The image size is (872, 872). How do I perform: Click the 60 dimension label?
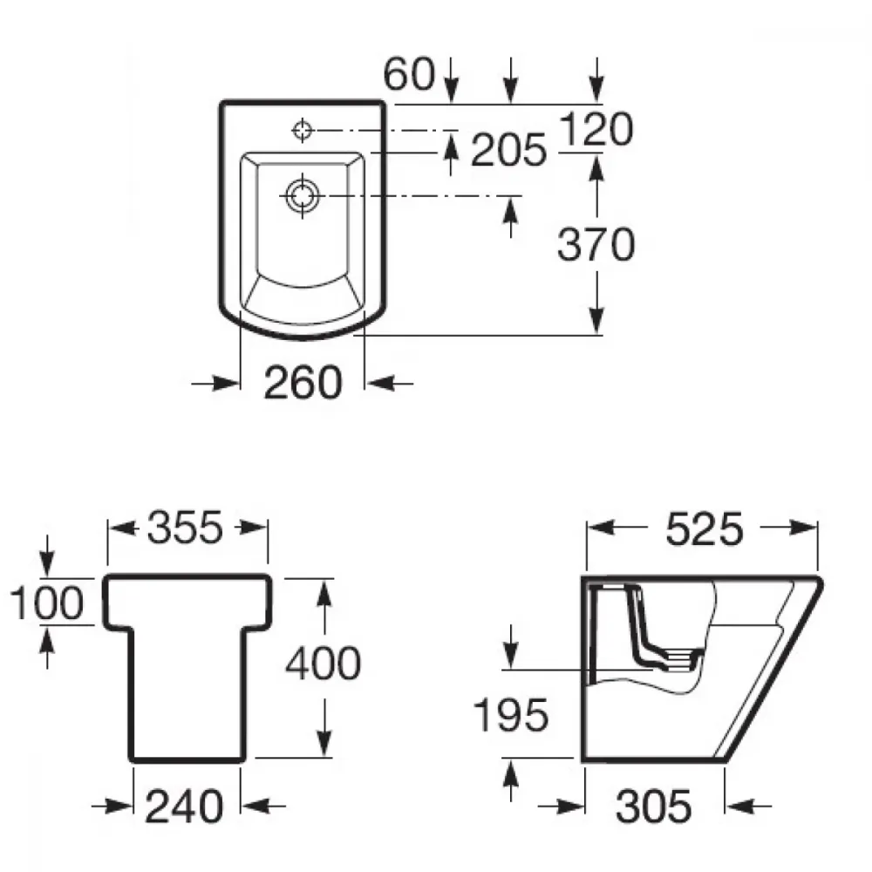(409, 73)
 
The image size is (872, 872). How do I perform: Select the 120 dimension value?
(596, 129)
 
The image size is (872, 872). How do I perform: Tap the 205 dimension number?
(509, 150)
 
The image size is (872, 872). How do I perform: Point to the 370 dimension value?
(596, 244)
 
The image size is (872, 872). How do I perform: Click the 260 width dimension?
(303, 383)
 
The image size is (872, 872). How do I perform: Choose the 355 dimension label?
(185, 528)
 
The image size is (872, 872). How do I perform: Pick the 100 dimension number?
(47, 603)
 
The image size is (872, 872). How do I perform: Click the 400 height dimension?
(324, 664)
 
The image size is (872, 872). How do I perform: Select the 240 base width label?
(184, 807)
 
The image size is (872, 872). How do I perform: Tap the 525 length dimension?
(704, 529)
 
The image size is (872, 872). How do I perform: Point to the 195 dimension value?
(510, 715)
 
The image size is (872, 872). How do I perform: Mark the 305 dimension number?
(653, 807)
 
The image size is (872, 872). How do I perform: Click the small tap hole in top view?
(303, 131)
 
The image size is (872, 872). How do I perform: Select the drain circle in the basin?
(303, 195)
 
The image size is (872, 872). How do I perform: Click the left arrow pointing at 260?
(215, 383)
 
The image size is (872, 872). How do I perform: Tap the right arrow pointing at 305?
(748, 805)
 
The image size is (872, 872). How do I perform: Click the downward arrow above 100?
(47, 556)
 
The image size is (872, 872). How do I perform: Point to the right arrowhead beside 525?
(802, 528)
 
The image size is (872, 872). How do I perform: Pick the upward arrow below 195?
(510, 780)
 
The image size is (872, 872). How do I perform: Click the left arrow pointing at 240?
(112, 805)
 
